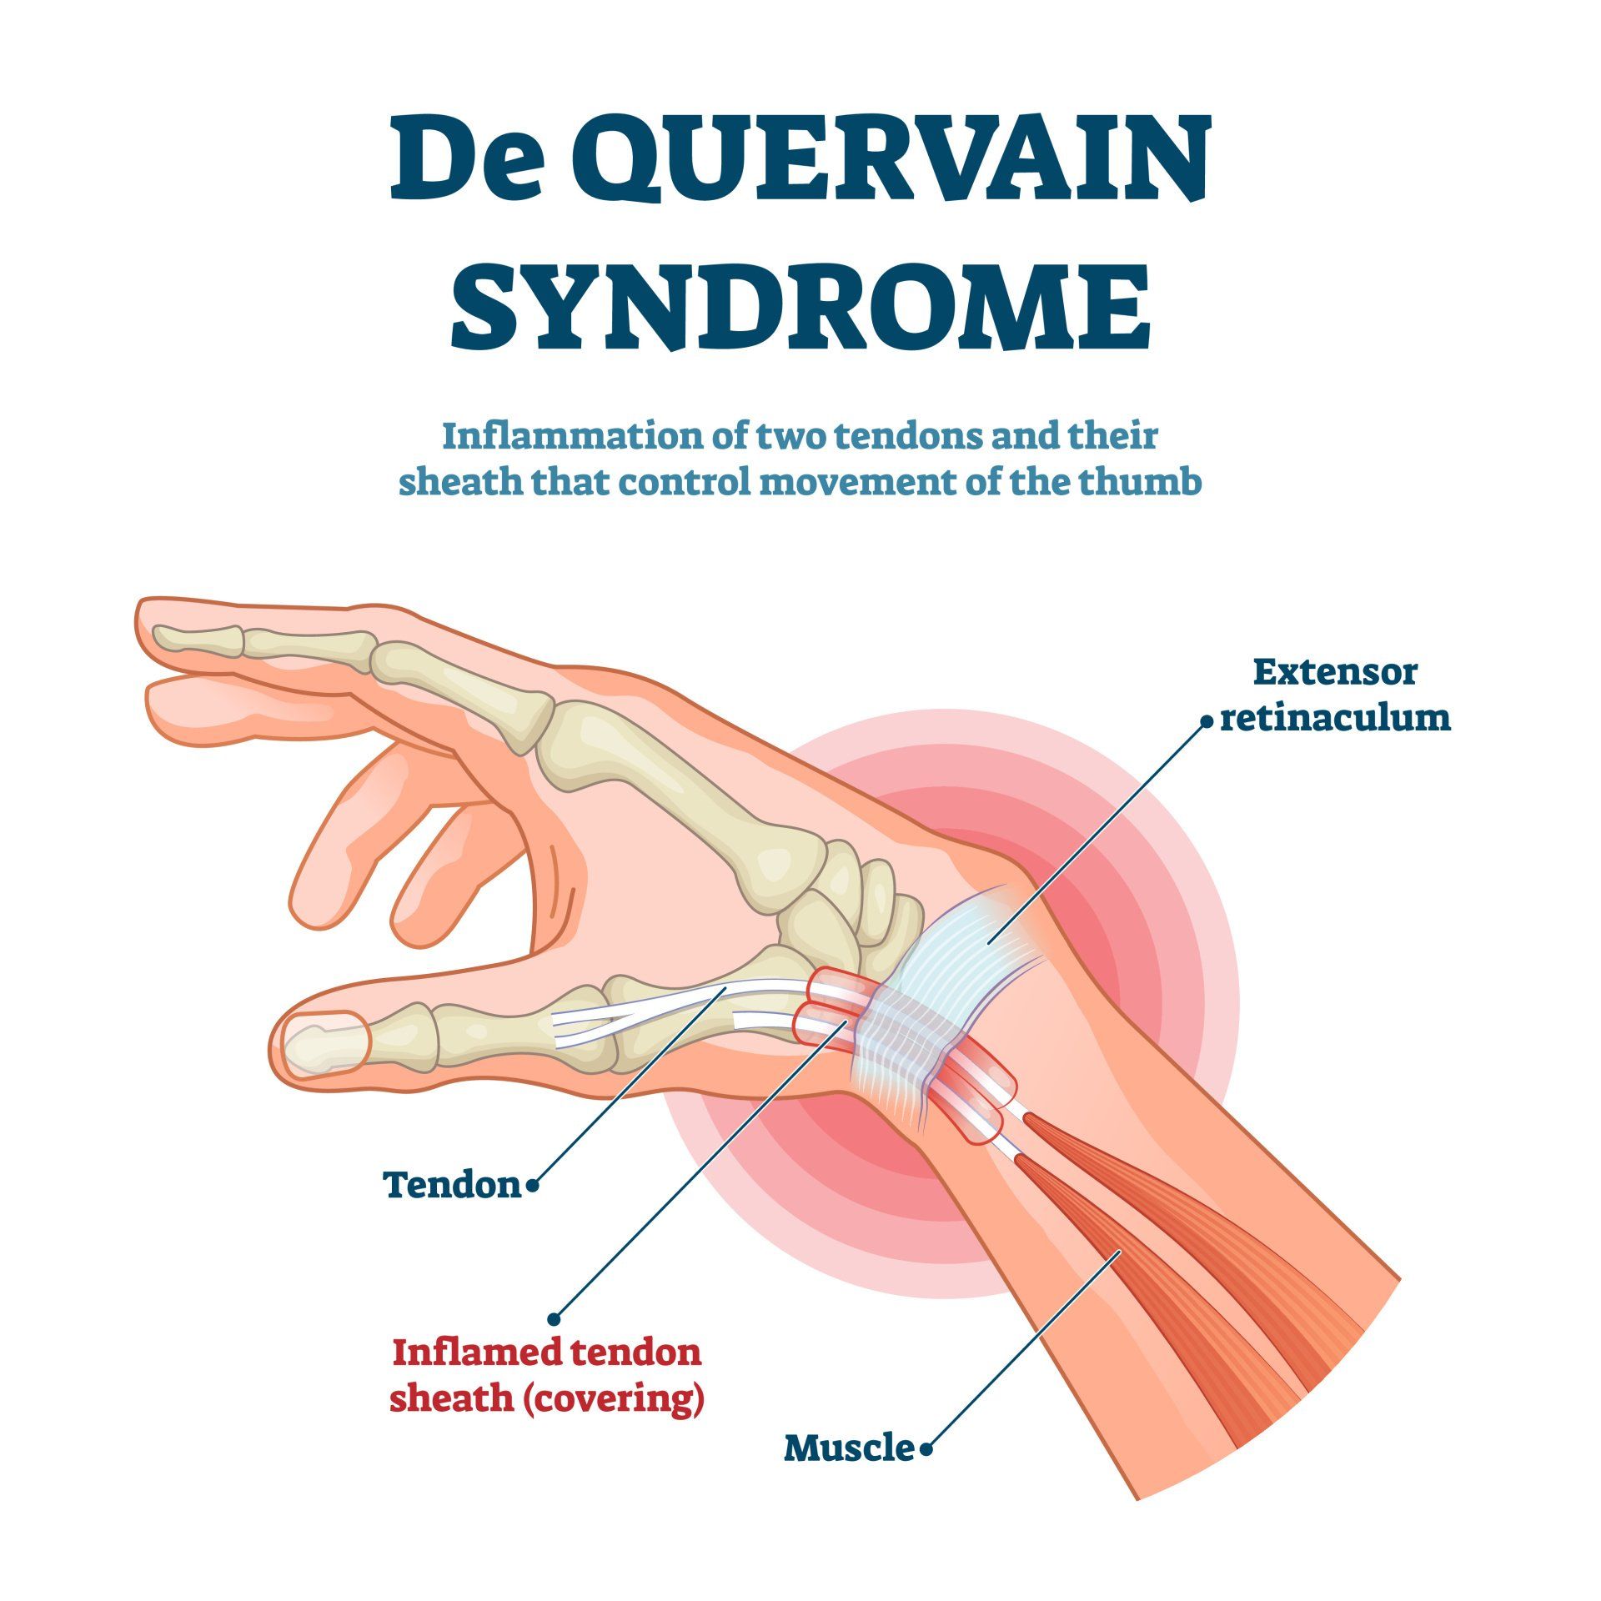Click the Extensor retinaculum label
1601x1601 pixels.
(x=1335, y=695)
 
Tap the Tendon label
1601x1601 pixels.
(x=452, y=1183)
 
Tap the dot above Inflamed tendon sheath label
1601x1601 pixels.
(x=554, y=1318)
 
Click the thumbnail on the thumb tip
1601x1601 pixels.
(x=325, y=1042)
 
